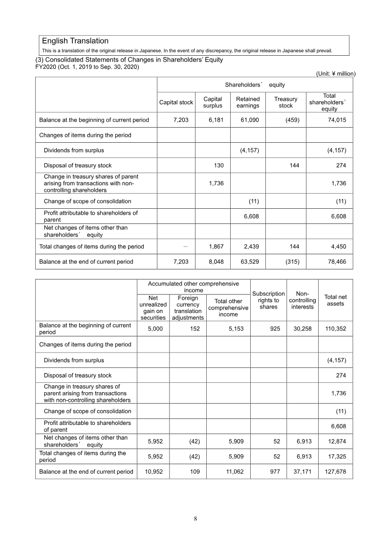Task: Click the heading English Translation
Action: [75, 41]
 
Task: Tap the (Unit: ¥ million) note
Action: [333, 74]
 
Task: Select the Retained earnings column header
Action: [248, 102]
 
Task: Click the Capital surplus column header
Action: [213, 102]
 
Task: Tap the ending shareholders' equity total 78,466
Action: [336, 262]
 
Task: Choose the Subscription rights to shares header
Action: [268, 300]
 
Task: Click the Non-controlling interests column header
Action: [302, 300]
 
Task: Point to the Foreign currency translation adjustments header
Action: [188, 307]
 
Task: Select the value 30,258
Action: [303, 329]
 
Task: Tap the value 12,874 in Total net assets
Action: [336, 441]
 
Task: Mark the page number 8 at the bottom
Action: [195, 519]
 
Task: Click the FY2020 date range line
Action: [87, 67]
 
